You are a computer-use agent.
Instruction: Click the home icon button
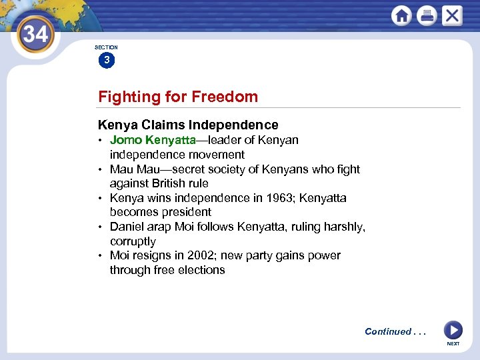pos(401,15)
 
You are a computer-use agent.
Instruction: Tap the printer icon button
pos(427,15)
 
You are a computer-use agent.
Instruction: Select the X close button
pos(452,15)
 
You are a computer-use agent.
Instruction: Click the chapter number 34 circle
pos(35,33)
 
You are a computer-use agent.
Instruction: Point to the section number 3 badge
pos(106,61)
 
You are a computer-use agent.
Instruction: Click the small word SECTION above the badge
pos(106,47)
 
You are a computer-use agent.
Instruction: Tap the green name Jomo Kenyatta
pos(152,140)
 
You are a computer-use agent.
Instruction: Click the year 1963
pos(280,198)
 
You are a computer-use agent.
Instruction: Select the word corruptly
pos(133,241)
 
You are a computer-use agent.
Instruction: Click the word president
pos(187,212)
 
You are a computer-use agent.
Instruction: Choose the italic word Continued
pos(388,331)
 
